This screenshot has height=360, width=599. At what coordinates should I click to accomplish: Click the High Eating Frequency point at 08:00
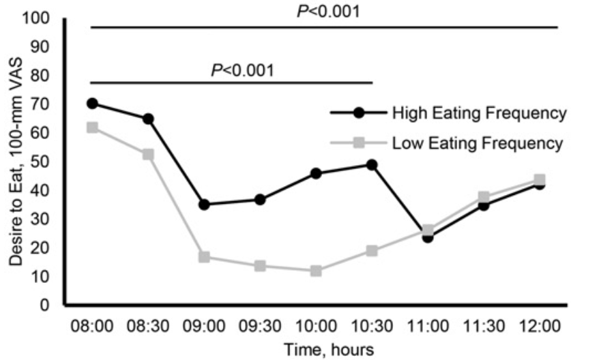[x=92, y=104]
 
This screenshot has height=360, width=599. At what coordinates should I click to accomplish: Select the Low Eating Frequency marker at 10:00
[x=316, y=271]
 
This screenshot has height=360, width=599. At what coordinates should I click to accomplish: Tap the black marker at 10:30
[x=372, y=164]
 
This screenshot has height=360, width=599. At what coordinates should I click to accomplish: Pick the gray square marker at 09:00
[x=204, y=257]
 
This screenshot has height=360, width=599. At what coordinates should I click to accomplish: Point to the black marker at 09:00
[x=204, y=205]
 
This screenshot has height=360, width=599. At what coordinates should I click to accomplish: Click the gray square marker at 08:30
[x=148, y=154]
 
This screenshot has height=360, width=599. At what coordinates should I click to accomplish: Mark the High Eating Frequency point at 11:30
[x=484, y=205]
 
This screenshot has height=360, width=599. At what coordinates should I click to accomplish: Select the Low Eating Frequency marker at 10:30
[x=372, y=251]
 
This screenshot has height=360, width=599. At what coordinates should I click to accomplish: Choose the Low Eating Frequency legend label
[x=478, y=144]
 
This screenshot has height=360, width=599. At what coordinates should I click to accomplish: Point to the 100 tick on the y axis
[x=41, y=18]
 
